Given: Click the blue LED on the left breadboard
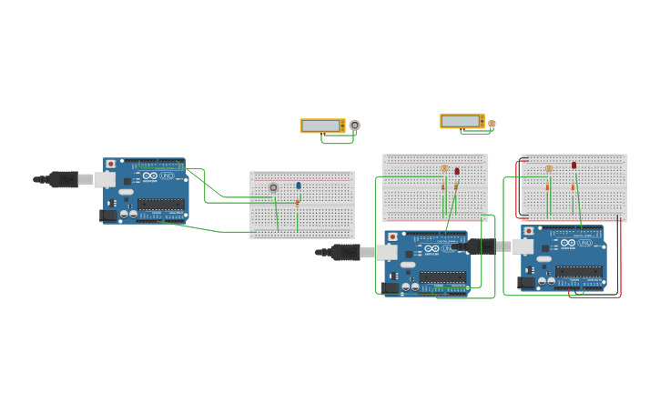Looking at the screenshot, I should click(298, 186).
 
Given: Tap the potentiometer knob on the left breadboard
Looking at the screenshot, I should click(273, 187).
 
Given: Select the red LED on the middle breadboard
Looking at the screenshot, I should click(457, 171).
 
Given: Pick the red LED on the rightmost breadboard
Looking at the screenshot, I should click(574, 166).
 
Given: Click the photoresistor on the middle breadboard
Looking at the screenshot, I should click(444, 168).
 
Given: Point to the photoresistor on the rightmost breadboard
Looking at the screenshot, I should click(549, 168).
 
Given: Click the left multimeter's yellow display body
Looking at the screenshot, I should click(322, 126).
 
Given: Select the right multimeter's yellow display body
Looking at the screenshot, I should click(462, 121).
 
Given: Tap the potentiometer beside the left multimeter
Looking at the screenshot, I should click(354, 126).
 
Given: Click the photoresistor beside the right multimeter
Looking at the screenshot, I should click(492, 124).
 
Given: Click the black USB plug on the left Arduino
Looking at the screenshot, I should click(63, 179).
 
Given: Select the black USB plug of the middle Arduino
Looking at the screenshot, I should click(344, 252).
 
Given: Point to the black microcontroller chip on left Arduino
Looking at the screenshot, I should click(160, 204).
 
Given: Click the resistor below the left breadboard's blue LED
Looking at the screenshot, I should click(297, 203).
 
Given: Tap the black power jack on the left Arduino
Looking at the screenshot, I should click(108, 216).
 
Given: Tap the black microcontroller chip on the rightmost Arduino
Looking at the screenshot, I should click(579, 271).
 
